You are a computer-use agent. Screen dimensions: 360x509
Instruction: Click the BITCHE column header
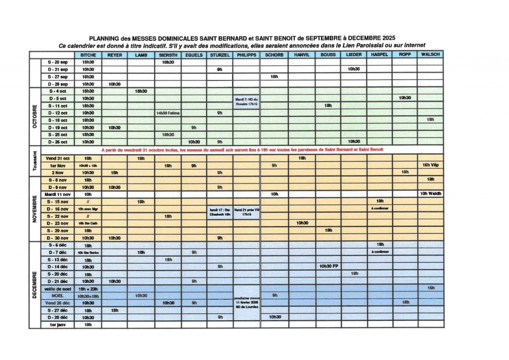tap(88, 55)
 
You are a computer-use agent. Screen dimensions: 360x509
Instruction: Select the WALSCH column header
tap(430, 55)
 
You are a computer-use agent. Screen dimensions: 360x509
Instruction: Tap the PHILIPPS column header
tap(247, 55)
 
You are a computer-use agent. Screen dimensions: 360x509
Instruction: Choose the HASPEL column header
tap(380, 55)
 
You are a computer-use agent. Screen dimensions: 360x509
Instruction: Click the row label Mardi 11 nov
tap(57, 194)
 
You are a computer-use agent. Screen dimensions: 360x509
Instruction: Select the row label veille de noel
tap(57, 288)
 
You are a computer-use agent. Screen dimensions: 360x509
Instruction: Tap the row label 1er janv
tap(57, 325)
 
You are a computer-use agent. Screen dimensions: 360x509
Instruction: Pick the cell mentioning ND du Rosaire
tap(247, 102)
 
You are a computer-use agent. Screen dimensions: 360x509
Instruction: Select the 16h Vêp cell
tap(430, 165)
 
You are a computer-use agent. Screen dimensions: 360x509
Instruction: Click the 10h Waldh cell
tap(430, 194)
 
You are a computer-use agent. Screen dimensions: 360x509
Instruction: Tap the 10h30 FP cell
tap(328, 267)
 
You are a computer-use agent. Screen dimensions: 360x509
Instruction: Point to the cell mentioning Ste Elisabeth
tap(220, 212)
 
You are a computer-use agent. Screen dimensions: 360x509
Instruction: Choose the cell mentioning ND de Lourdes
tap(247, 302)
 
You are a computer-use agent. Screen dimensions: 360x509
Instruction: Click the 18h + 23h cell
tap(88, 288)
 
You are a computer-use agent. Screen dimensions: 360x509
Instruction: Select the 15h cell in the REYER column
tap(114, 172)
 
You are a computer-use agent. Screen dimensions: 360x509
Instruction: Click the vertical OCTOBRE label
tap(35, 116)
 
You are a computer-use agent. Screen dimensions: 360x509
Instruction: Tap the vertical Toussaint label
tap(35, 161)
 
